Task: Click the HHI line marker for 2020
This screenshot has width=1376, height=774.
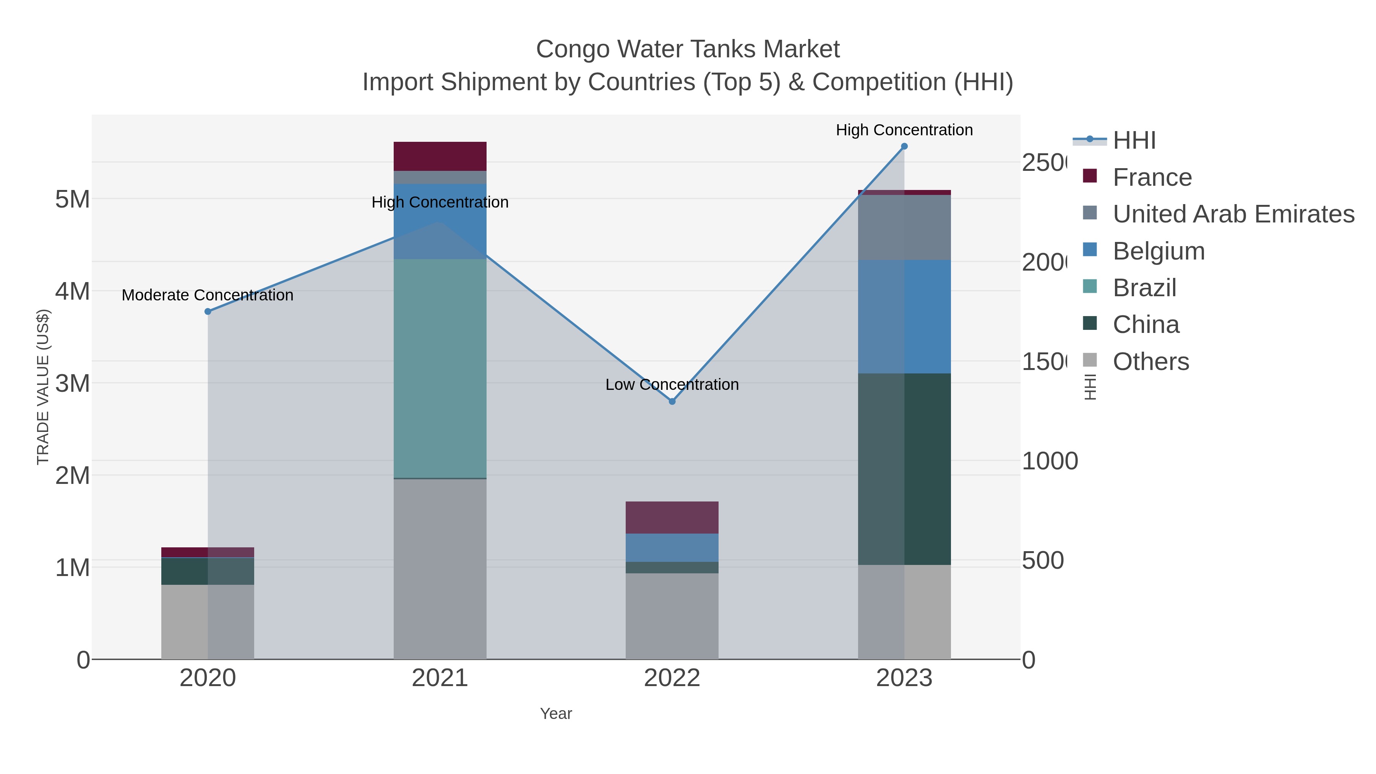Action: pyautogui.click(x=208, y=312)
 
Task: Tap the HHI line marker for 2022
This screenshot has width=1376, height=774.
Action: pyautogui.click(x=672, y=401)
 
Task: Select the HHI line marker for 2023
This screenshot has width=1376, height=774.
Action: pyautogui.click(x=904, y=146)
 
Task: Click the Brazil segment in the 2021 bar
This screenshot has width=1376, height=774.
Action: pyautogui.click(x=440, y=368)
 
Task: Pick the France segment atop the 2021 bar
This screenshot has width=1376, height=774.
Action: pyautogui.click(x=440, y=156)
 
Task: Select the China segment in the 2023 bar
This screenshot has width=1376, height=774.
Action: pyautogui.click(x=904, y=469)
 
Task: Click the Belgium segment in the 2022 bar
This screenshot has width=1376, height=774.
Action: pyautogui.click(x=672, y=547)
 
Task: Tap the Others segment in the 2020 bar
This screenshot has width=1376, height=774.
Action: pyautogui.click(x=208, y=622)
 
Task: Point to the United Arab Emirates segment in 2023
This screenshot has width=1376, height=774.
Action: pyautogui.click(x=904, y=227)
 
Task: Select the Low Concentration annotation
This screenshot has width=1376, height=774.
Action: pyautogui.click(x=672, y=385)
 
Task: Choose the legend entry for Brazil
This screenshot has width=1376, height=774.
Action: pyautogui.click(x=1144, y=288)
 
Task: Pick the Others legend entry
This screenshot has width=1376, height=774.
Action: pyautogui.click(x=1150, y=362)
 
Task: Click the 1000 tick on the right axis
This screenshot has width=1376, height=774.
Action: pyautogui.click(x=1050, y=461)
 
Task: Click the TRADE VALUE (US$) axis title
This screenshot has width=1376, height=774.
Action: pyautogui.click(x=43, y=387)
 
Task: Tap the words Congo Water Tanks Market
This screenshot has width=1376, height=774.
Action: pyautogui.click(x=688, y=49)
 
